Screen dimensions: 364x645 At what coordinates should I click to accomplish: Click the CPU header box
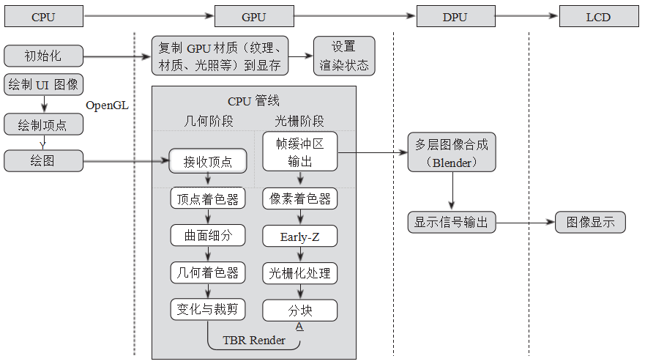[43, 16]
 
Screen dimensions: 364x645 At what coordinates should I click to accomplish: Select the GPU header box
[254, 16]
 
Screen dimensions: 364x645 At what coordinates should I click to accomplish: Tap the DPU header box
[455, 16]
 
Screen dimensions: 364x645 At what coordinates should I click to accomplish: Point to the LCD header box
[598, 16]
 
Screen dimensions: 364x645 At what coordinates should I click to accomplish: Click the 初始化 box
[43, 56]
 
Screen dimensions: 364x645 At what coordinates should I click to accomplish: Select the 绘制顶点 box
[43, 125]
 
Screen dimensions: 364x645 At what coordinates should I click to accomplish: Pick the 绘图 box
[43, 160]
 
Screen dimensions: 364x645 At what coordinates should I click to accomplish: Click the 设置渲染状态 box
[344, 56]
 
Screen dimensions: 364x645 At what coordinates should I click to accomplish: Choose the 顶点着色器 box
[208, 198]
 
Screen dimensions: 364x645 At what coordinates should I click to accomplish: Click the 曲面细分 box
[208, 235]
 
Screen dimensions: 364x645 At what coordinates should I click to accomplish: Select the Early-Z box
[299, 236]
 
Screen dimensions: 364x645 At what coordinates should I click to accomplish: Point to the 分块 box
[299, 310]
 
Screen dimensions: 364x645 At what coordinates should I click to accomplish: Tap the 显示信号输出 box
[452, 222]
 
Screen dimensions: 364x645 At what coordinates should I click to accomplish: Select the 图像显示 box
[590, 222]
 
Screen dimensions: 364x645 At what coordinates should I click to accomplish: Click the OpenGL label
[107, 105]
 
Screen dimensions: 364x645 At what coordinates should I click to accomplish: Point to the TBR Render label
[254, 341]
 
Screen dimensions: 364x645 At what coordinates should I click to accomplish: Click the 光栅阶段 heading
[299, 121]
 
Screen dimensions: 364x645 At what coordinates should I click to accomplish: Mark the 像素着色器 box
[299, 198]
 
